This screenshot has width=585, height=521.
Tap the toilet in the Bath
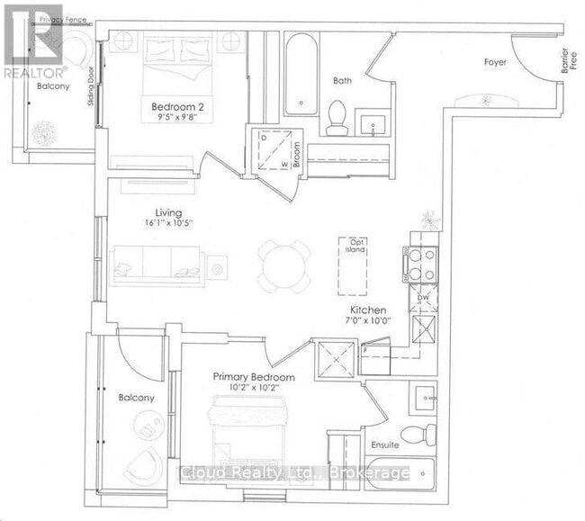(337, 116)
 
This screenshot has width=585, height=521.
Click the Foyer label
(494, 62)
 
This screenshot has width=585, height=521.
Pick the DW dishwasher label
(423, 296)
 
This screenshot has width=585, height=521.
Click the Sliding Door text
(91, 88)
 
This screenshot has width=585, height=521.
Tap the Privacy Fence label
(56, 19)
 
